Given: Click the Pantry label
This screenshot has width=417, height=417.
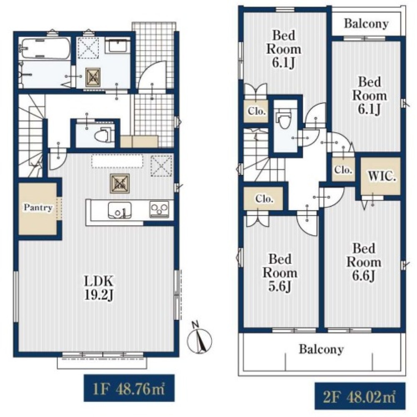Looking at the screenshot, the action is coord(38,207).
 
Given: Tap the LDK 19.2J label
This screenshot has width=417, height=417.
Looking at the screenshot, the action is coord(99,288).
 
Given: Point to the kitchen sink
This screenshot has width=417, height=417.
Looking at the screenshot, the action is coord(119,210).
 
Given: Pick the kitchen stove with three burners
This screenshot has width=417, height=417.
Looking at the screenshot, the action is coord(159,209).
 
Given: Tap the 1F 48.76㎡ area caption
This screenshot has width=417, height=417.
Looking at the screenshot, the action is coord(129,388).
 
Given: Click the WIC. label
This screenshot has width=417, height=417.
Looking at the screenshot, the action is coord(382,176).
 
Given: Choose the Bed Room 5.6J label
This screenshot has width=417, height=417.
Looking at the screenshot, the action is coord(280,273).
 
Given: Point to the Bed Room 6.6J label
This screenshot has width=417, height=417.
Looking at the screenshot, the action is coord(364,262).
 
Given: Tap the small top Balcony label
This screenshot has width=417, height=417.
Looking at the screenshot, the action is coord(366,24).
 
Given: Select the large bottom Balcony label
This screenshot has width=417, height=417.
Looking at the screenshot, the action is coord(321,349).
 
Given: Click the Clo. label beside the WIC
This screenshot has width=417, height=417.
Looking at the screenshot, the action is coord(343,169).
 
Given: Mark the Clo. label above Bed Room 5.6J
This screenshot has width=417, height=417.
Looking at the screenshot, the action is coord(264,198).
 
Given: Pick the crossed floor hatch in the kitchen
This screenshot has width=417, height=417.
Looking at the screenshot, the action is coord(120,183).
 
